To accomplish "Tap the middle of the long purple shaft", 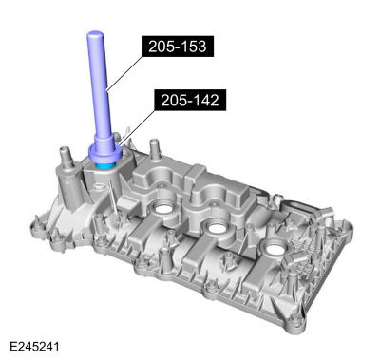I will coord(98,90).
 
